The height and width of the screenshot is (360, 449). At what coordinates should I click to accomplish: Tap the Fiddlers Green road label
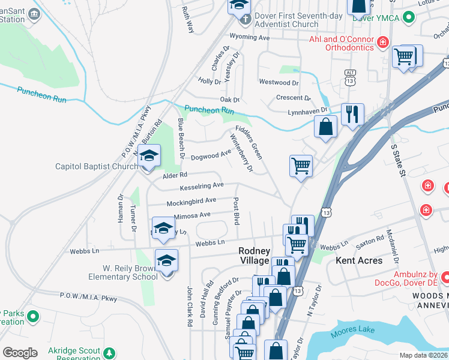coord(249,142)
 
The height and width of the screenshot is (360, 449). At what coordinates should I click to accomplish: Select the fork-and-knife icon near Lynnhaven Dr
coord(352,113)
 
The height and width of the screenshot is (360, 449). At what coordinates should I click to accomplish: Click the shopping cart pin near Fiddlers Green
coord(301,166)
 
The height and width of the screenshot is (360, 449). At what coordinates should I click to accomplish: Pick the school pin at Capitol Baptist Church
coord(149,156)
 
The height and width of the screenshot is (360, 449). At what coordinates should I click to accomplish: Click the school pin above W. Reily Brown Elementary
coord(162,228)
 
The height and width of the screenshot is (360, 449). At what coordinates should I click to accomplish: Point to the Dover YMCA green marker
coord(409,17)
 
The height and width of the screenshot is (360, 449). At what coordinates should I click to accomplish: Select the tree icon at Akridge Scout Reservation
coord(109,353)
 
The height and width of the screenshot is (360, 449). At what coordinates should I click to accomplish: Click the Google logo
coord(20,352)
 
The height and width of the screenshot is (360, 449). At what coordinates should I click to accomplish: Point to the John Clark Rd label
coord(189,306)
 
